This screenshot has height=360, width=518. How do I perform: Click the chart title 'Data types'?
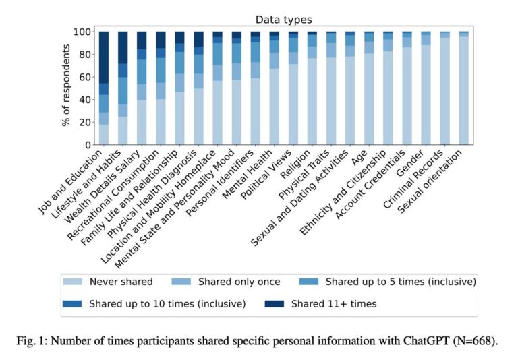(283, 20)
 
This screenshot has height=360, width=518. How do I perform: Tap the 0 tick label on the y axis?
(88, 145)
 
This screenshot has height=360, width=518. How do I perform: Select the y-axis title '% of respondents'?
(66, 85)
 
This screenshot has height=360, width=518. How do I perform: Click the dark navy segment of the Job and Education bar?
(104, 57)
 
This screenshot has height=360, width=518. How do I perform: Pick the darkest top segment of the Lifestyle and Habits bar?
(123, 48)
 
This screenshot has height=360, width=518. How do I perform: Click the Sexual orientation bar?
(464, 88)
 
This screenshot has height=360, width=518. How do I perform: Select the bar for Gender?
(426, 88)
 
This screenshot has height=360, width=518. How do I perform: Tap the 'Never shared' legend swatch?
(73, 282)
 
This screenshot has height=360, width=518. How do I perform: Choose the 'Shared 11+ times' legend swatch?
(275, 303)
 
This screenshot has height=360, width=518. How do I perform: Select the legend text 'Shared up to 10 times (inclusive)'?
(167, 304)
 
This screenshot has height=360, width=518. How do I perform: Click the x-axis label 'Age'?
(359, 158)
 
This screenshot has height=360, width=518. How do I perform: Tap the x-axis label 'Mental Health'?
(248, 175)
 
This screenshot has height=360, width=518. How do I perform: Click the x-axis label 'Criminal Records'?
(413, 179)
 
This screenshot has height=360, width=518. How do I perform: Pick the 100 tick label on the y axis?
(82, 32)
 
